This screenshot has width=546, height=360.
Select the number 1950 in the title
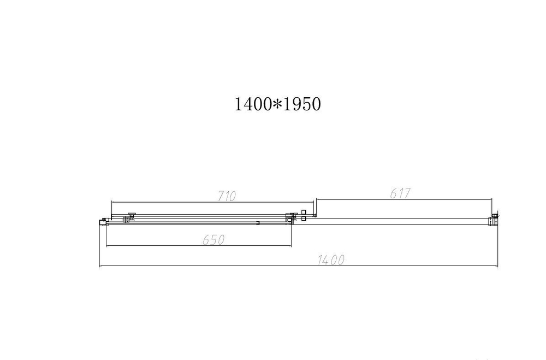pyautogui.click(x=301, y=104)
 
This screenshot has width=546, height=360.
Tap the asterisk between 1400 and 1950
pyautogui.click(x=277, y=104)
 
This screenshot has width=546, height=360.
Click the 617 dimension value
pyautogui.click(x=400, y=193)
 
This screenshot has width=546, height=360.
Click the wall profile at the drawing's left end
pyautogui.click(x=102, y=221)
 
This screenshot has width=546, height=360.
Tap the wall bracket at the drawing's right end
pyautogui.click(x=495, y=219)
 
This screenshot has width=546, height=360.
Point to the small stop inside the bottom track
pyautogui.click(x=258, y=222)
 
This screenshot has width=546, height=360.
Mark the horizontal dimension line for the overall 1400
pyautogui.click(x=218, y=267)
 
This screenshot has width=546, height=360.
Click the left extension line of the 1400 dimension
pyautogui.click(x=100, y=246)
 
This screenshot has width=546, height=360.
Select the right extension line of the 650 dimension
pyautogui.click(x=291, y=235)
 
